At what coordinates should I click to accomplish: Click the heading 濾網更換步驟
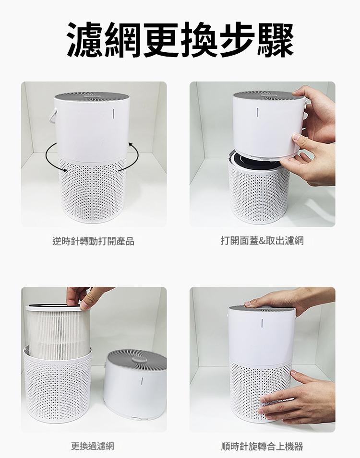click(x=180, y=39)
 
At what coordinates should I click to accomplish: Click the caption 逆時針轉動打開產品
click(x=94, y=241)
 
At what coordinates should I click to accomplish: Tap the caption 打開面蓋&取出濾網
click(x=263, y=241)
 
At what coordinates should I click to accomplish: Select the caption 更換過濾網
click(x=93, y=446)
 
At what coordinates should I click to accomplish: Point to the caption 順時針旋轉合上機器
click(x=262, y=446)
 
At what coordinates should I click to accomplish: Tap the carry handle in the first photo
click(x=53, y=116)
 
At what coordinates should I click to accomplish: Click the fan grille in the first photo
click(x=92, y=96)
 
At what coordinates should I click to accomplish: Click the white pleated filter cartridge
click(x=58, y=332)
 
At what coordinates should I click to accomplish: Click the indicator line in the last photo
click(x=262, y=324)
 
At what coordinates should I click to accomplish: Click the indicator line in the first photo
click(x=113, y=114)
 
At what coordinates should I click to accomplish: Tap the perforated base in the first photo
click(x=92, y=190)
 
